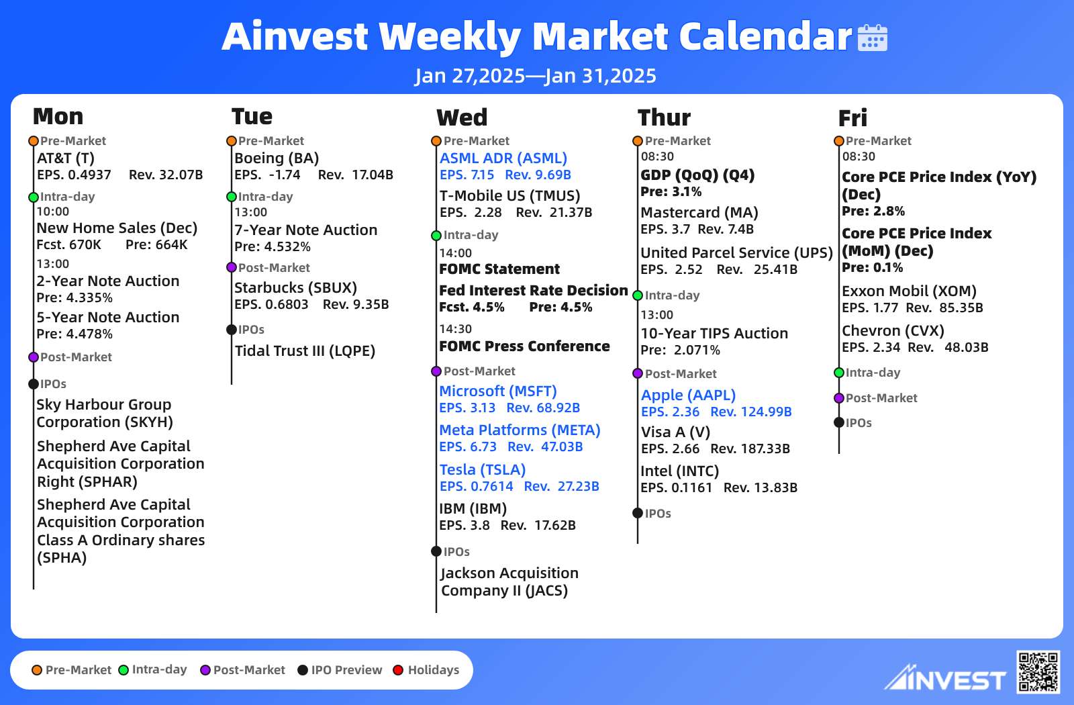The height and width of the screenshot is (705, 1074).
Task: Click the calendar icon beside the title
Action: point(872,38)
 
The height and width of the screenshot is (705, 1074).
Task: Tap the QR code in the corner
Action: point(1038,672)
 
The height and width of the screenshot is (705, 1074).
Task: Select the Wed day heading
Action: point(462,117)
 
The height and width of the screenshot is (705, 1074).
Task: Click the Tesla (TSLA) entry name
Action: point(483,469)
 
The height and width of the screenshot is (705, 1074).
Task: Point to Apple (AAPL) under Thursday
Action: point(688,395)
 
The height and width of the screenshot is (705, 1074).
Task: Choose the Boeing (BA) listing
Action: point(277,158)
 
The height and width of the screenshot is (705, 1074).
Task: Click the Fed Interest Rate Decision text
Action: point(534,290)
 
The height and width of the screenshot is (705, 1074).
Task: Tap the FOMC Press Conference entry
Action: point(524,346)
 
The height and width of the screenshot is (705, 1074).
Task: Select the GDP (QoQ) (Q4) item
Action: point(697,175)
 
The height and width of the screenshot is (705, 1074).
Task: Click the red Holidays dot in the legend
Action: point(398,670)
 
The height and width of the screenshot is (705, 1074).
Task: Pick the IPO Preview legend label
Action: point(346,670)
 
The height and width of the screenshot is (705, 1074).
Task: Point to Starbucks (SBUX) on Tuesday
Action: point(296,287)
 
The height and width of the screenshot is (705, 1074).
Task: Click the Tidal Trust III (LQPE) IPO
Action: point(305,350)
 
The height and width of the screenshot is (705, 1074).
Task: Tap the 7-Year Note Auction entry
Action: point(306,230)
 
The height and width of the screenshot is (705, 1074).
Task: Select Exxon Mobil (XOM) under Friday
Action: point(909,291)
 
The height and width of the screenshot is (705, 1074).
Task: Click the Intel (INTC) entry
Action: point(680,471)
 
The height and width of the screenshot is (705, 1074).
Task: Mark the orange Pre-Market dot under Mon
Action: point(34,141)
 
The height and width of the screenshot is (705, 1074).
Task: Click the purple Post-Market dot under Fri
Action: point(839,398)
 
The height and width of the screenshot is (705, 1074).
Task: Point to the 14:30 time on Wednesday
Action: point(456,328)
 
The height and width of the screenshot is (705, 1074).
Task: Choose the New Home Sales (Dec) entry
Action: point(117,228)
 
